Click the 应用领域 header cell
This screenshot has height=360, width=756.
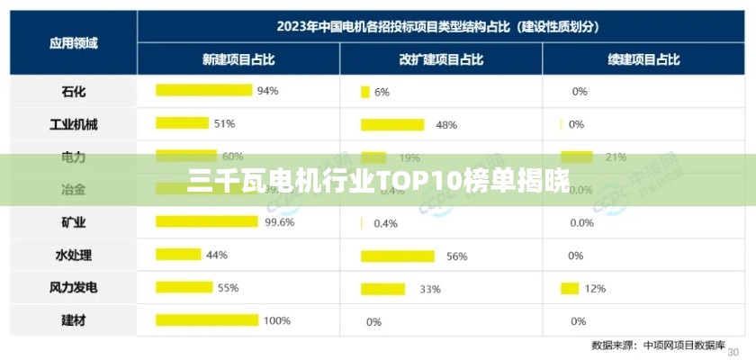74,42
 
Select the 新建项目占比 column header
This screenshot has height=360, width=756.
238,59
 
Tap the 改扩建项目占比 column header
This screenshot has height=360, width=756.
441,59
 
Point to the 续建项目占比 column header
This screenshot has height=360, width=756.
643,59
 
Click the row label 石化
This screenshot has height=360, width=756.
74,91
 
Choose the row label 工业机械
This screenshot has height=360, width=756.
74,124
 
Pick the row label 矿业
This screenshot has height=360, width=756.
74,222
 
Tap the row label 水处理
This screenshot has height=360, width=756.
74,255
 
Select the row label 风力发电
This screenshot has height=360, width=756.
74,288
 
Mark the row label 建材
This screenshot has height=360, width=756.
74,320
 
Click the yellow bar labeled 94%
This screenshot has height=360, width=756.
203,90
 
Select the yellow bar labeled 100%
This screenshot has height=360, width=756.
207,319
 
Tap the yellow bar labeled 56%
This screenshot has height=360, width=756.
397,256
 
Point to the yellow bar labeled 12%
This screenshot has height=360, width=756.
569,288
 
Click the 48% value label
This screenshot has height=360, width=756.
446,125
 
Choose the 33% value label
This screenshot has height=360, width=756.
430,289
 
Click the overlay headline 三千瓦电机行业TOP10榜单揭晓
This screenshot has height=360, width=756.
378,182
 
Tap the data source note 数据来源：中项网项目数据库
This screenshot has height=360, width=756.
659,345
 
